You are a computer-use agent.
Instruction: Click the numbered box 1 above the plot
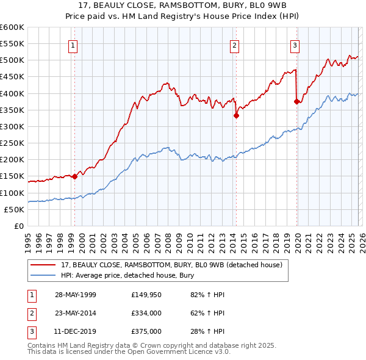point(73,45)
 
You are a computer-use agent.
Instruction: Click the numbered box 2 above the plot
point(234,45)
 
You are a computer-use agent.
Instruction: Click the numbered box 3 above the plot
point(295,45)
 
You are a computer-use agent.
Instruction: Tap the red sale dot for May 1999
point(74,177)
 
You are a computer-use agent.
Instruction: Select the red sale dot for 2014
point(236,115)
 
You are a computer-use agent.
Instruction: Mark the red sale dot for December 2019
point(296,102)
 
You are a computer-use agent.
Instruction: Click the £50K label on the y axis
point(14,209)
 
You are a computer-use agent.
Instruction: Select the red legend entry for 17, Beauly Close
point(171,265)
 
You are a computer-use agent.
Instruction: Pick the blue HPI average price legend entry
point(127,276)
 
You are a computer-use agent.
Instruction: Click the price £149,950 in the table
point(146,295)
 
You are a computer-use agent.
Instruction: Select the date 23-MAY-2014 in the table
point(78,313)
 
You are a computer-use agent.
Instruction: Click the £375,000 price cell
point(146,331)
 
